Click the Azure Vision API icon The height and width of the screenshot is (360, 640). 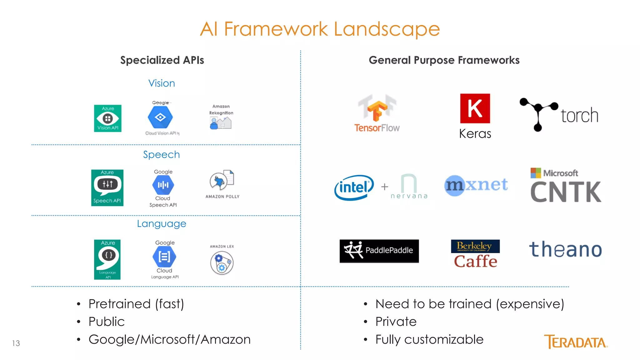tap(108, 118)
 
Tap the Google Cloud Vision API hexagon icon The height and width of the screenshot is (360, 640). tap(160, 117)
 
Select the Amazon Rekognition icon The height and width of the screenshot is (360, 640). tap(221, 123)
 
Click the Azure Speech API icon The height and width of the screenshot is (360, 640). tap(107, 187)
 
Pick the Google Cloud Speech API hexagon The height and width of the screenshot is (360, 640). tap(163, 185)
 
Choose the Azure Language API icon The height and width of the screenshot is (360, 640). tap(107, 259)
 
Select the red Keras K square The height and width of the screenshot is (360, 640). tap(475, 108)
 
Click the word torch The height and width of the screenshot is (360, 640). tap(579, 116)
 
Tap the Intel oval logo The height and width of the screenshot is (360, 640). tap(354, 187)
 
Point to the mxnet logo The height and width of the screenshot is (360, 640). tap(476, 185)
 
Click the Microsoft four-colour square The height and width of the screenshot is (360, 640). tap(536, 173)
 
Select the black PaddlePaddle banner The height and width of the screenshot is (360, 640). tap(379, 251)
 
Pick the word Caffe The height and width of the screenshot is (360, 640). tap(475, 262)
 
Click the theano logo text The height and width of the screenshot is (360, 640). tap(565, 250)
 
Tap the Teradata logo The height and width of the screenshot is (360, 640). tap(576, 342)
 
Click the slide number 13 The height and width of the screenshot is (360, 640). tap(16, 343)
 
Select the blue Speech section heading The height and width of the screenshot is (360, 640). tap(161, 154)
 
